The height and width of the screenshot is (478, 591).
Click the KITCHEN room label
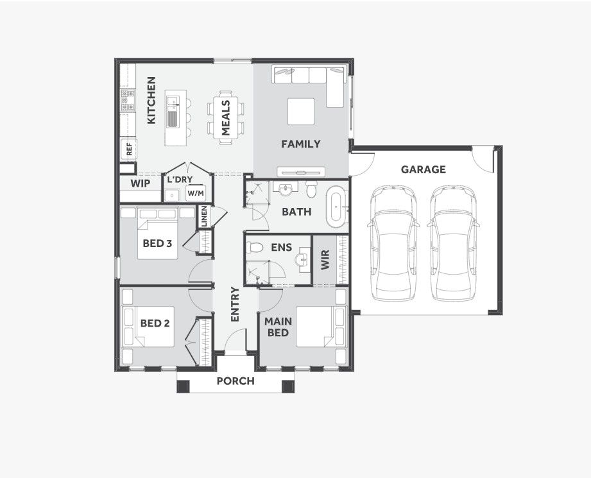tap(151, 101)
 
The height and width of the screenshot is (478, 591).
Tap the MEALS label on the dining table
tap(226, 117)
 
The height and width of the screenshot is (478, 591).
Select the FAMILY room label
tap(300, 144)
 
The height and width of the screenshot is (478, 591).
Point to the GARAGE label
tap(423, 169)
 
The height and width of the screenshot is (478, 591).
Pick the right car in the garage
tap(452, 243)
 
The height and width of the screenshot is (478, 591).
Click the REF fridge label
tap(129, 150)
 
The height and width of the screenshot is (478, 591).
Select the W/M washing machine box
tap(195, 192)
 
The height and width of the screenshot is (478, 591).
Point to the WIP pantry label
tap(141, 184)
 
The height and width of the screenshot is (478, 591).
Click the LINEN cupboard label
tap(203, 216)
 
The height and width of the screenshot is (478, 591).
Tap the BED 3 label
tap(157, 243)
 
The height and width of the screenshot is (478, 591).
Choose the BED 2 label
tap(155, 323)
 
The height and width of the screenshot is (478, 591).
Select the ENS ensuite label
tap(281, 246)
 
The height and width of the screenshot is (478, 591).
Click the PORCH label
tap(235, 381)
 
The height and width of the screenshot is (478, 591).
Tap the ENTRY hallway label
tap(234, 304)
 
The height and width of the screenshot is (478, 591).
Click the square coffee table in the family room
tap(300, 112)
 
